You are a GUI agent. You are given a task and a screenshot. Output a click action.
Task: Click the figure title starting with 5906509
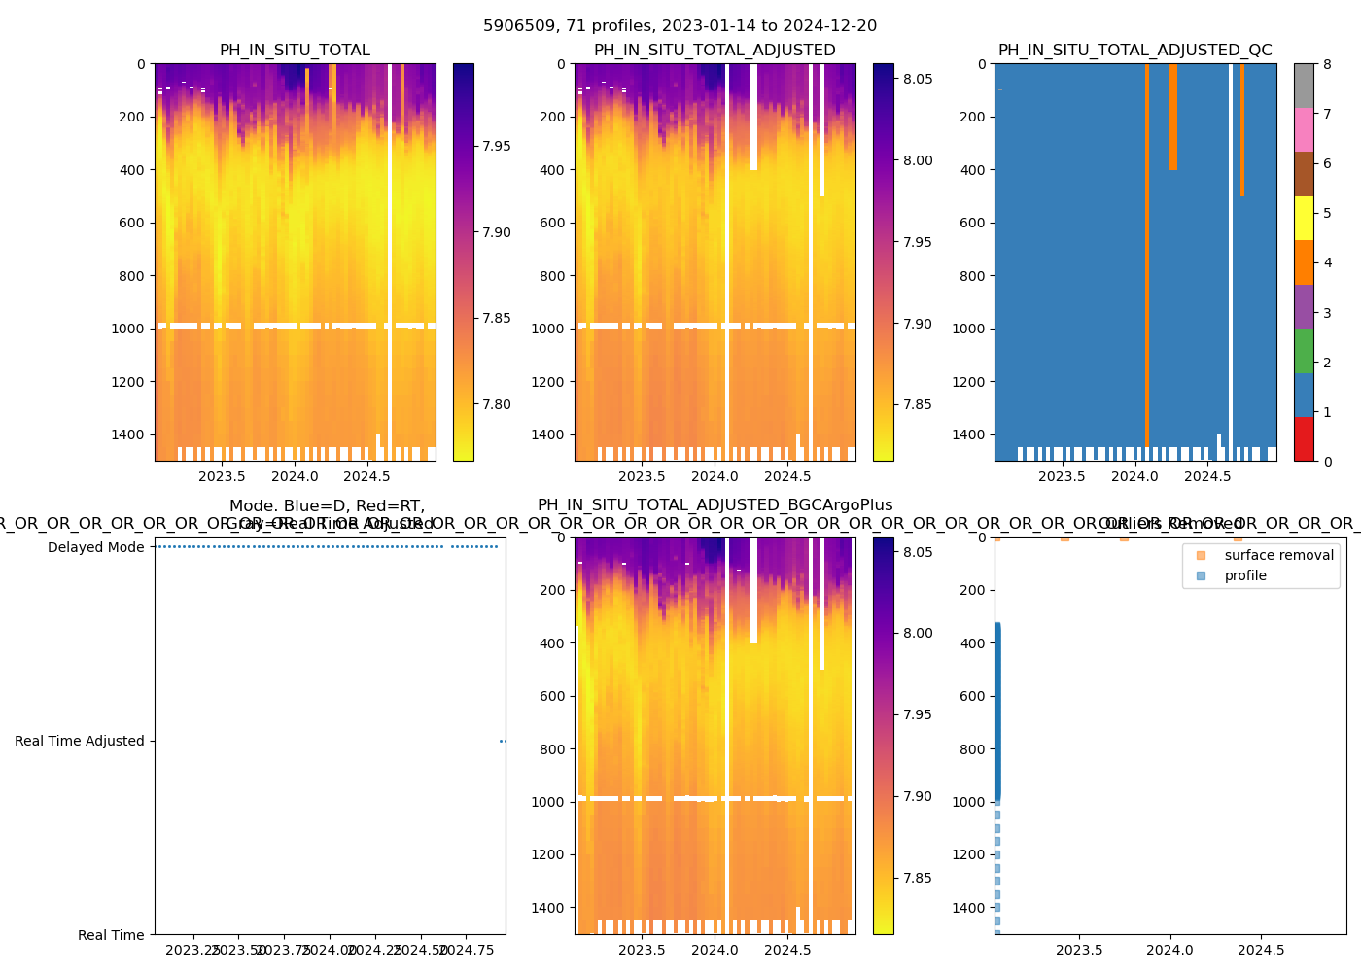(x=680, y=26)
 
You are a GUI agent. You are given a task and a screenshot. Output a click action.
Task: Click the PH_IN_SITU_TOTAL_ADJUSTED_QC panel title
(x=1134, y=51)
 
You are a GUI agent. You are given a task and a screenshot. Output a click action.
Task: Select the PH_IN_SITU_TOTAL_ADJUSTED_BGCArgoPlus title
(x=715, y=505)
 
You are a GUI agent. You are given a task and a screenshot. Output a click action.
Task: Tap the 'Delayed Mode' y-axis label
(x=95, y=547)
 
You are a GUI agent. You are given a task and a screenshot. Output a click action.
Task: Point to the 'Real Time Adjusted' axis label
(x=79, y=741)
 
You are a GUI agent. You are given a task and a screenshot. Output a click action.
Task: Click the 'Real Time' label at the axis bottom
(x=111, y=935)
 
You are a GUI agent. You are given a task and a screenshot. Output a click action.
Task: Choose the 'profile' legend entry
(x=1245, y=575)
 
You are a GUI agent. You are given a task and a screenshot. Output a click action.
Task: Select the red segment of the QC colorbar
(x=1304, y=439)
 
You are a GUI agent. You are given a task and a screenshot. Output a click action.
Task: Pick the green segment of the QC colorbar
(x=1304, y=351)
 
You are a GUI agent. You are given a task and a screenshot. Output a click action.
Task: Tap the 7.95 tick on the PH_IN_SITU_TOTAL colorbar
(x=497, y=146)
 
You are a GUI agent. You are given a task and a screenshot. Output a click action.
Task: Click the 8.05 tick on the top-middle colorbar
(x=917, y=79)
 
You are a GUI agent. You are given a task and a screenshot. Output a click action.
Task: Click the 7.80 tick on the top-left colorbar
(x=497, y=404)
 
